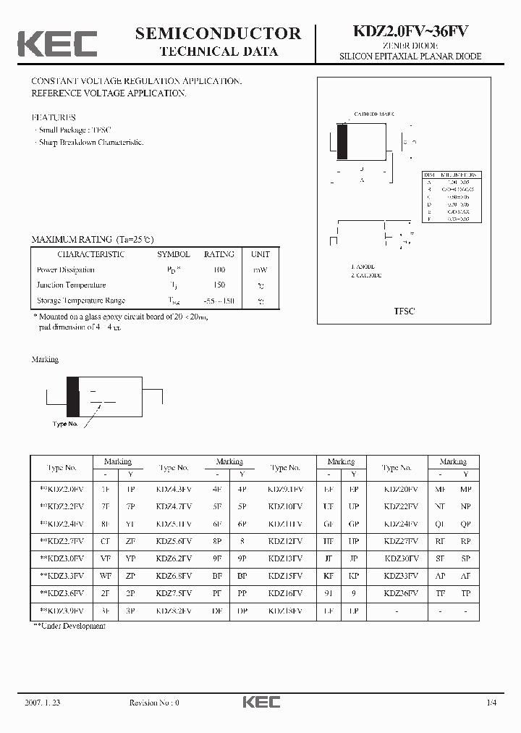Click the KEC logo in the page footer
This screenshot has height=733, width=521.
tap(260, 702)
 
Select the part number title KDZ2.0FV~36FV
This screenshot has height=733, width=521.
tap(410, 31)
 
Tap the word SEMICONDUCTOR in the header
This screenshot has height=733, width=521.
tap(218, 33)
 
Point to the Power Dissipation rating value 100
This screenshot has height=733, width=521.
tap(219, 269)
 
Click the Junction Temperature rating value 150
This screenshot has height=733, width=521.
tap(219, 285)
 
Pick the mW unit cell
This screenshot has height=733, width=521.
tap(260, 269)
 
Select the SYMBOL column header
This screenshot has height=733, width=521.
tap(174, 254)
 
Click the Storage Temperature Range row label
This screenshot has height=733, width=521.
tap(81, 300)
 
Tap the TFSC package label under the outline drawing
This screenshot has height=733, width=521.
tap(404, 311)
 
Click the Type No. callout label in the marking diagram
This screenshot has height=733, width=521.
tap(64, 424)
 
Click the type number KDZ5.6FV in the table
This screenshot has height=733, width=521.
tap(174, 541)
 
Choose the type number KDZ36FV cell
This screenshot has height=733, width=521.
tap(400, 592)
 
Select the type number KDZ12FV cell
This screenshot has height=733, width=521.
tap(285, 541)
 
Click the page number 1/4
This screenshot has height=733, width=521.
tap(492, 702)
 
